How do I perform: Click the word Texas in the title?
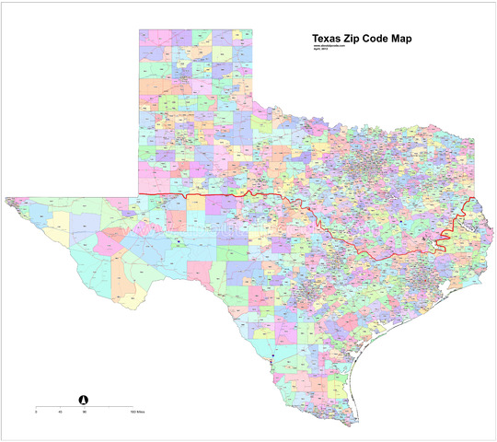click(328, 40)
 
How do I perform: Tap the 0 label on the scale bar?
click(36, 412)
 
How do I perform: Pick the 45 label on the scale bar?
click(60, 412)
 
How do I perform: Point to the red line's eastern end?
click(471, 199)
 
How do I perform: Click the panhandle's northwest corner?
click(139, 29)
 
